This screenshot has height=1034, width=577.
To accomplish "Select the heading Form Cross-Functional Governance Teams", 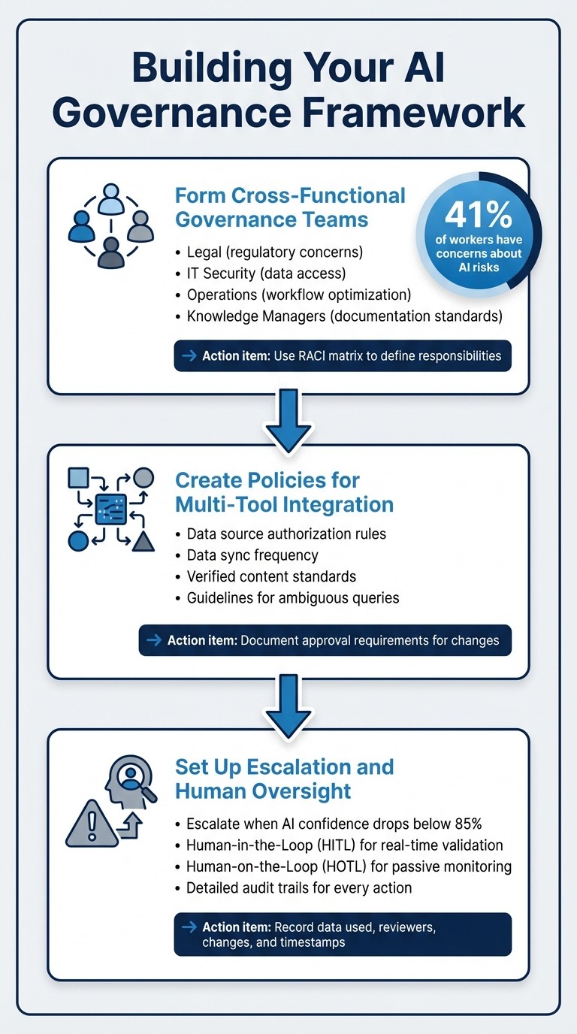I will click(289, 207).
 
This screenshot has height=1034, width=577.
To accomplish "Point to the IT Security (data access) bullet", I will click(264, 273).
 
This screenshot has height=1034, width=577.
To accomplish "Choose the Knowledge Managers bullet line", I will click(344, 316).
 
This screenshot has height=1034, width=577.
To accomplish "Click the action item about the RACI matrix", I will click(343, 356).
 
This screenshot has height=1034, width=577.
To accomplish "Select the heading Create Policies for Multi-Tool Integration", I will click(284, 491).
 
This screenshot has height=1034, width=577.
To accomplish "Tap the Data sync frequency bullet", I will click(252, 555).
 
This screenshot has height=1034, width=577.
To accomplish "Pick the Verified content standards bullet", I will click(271, 577).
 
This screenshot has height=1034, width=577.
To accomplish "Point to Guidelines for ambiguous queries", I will click(293, 599).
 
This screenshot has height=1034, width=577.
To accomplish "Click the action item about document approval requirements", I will click(325, 640).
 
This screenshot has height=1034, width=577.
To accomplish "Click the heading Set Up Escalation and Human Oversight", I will click(284, 779).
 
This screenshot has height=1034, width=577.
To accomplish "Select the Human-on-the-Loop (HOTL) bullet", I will click(349, 866).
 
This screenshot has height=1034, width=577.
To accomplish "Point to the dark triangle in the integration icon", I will click(143, 540).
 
